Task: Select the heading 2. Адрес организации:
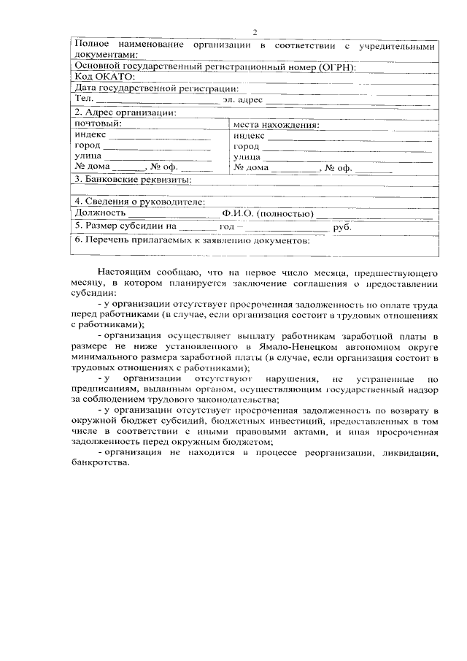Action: point(124,112)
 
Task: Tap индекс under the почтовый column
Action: point(90,135)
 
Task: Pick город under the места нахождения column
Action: point(246,146)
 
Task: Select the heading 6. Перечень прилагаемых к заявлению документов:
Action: point(193,240)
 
